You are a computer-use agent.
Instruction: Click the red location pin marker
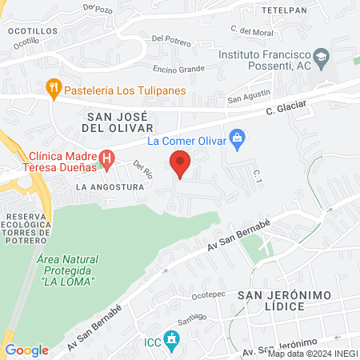(x=181, y=164)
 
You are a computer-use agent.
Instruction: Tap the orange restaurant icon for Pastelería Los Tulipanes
(x=54, y=90)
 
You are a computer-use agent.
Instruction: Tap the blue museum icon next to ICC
(x=170, y=339)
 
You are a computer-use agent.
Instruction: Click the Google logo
(x=26, y=350)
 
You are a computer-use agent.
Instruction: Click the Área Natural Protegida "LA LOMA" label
(x=66, y=271)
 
